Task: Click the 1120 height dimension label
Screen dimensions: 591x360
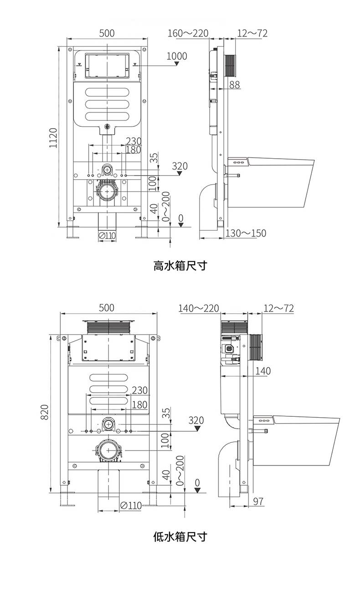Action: tap(53, 138)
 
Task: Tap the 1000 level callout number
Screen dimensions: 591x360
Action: tap(177, 56)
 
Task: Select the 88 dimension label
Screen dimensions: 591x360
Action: tap(235, 84)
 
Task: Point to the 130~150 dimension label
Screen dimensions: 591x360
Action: tap(246, 233)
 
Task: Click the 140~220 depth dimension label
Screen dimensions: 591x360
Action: tap(199, 308)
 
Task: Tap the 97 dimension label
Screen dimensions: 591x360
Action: tap(258, 501)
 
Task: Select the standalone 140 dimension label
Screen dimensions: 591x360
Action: tap(262, 371)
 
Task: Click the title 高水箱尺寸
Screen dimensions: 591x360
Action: tap(180, 265)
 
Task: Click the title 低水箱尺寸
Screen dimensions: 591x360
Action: tap(180, 536)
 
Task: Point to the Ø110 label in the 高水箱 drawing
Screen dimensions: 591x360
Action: tap(108, 235)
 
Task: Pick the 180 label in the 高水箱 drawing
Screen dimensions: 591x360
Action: tap(133, 150)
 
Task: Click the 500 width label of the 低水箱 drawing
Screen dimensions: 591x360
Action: tap(106, 308)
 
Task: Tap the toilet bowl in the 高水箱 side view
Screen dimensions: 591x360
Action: tap(278, 180)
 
